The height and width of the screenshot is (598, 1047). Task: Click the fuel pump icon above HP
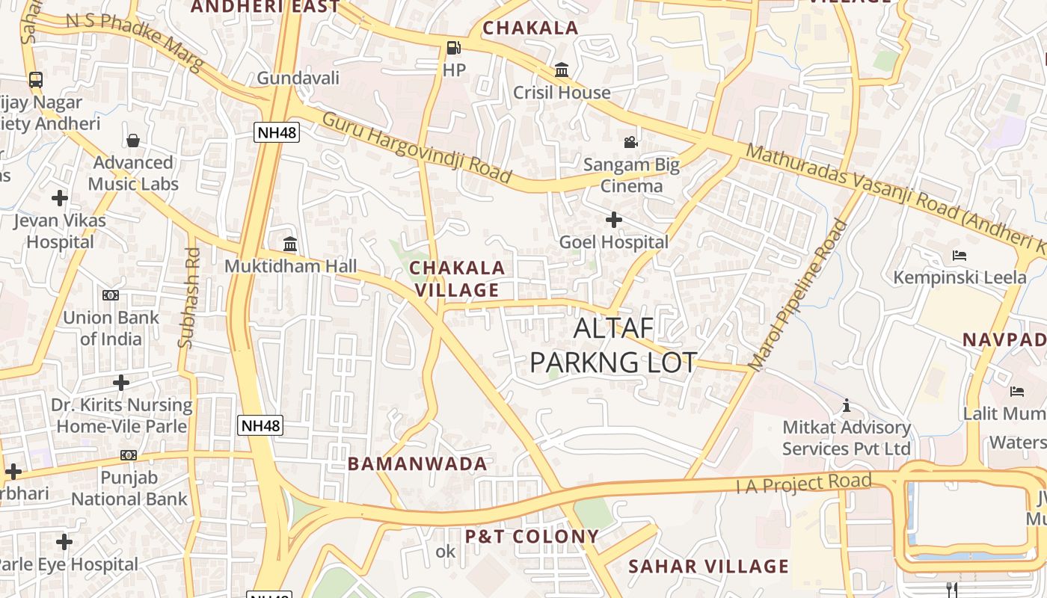point(453,48)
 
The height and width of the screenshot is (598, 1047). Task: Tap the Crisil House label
point(562,93)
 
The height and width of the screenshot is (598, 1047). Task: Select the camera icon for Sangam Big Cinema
point(631,142)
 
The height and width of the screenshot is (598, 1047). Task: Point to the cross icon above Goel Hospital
point(613,220)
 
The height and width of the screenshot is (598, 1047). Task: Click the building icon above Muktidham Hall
point(290,244)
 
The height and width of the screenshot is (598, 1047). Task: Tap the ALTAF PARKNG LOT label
point(613,345)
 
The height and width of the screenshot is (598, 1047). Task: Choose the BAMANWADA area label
point(417,463)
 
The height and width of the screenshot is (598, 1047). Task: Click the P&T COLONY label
point(532,537)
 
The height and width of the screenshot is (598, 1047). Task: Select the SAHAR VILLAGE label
point(708,567)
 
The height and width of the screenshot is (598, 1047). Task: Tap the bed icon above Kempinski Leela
point(960,256)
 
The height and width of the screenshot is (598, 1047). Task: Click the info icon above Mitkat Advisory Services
point(847,406)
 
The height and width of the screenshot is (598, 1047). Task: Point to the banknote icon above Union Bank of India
point(111,295)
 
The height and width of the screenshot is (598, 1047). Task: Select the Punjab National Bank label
point(129,488)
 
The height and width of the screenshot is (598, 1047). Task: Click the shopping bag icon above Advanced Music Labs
point(133,141)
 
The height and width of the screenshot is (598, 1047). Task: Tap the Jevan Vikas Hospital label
point(60,231)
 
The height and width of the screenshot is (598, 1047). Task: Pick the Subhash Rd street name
point(190,298)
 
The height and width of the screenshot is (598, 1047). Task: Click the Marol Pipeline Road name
point(799,295)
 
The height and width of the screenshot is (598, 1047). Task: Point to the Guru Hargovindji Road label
point(417,147)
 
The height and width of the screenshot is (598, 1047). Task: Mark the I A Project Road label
point(804,483)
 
